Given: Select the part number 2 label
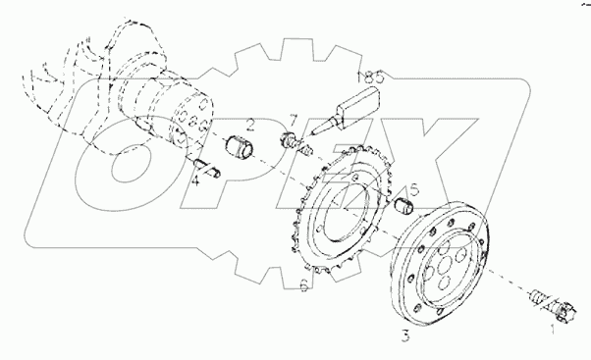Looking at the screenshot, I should pyautogui.click(x=251, y=125).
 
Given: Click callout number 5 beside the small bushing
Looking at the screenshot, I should pyautogui.click(x=414, y=190).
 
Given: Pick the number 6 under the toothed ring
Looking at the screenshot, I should pyautogui.click(x=304, y=286).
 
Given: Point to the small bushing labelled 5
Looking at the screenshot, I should pyautogui.click(x=403, y=207).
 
